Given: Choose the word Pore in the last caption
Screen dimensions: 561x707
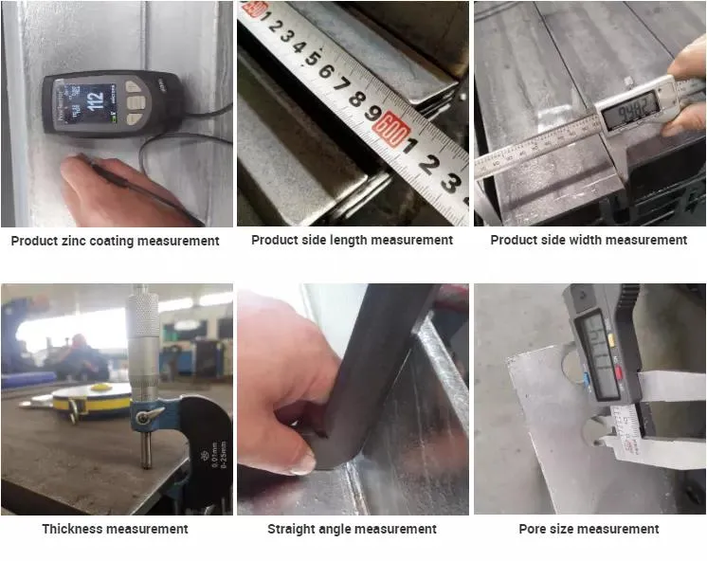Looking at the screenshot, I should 535,529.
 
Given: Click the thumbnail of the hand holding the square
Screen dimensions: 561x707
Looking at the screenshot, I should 352,399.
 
